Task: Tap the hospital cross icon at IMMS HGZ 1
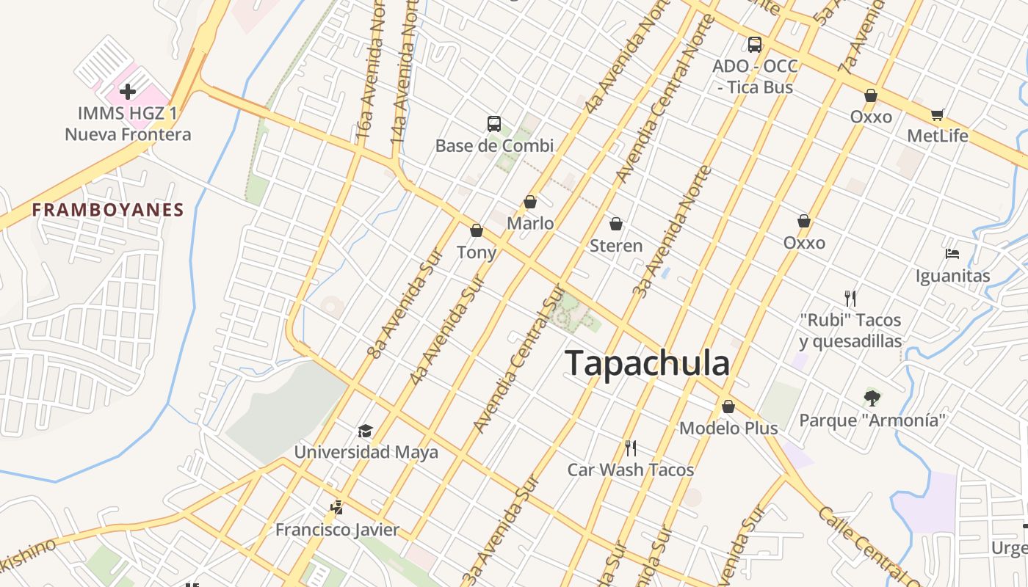coord(128,92)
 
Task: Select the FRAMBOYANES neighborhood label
coord(108,210)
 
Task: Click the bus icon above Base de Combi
coord(494,123)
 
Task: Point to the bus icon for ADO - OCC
coord(755,44)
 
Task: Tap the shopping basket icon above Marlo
coord(530,202)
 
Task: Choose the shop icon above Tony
coord(477,231)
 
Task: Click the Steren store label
coord(616,246)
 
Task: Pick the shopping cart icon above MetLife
coord(937,114)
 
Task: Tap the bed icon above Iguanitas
coord(952,254)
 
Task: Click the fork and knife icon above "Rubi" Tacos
coord(850,298)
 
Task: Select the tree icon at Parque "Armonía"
coord(872,398)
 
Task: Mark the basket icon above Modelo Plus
coord(728,406)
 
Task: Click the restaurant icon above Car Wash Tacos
coord(630,448)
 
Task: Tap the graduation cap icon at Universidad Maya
coord(365,431)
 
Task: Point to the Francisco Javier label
coord(337,529)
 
